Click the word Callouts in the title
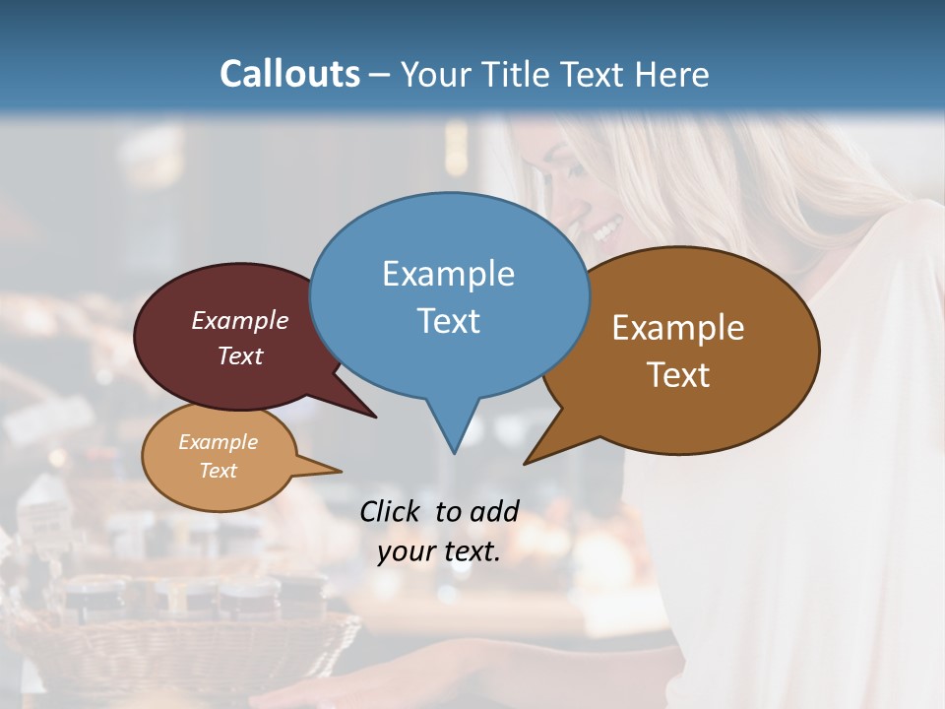289,74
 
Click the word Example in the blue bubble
448,274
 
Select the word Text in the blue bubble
448,321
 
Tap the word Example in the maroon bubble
239,320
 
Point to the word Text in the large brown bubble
678,375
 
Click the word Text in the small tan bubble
219,471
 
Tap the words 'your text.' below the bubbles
439,551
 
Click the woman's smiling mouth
603,232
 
